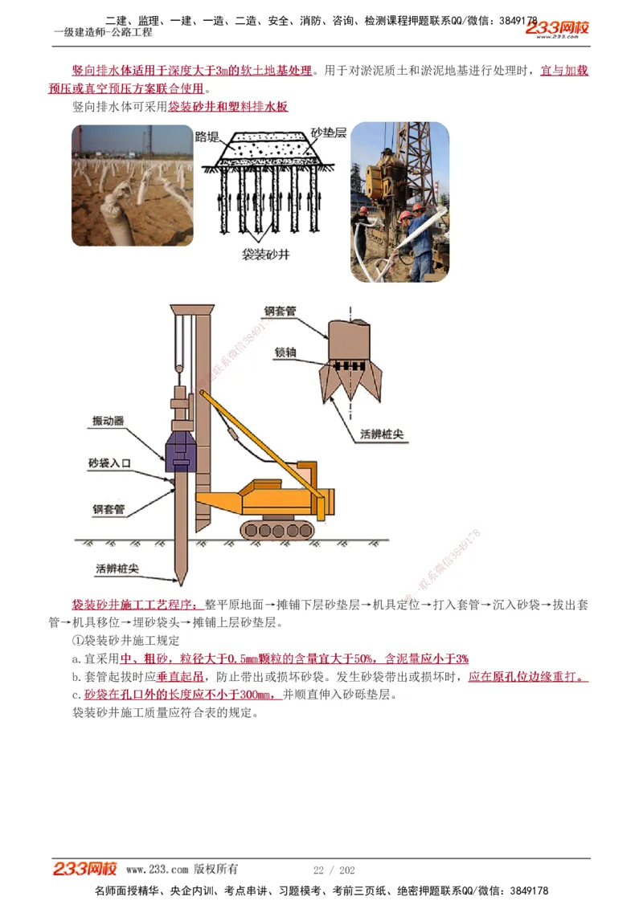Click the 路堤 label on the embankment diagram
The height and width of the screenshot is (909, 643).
pos(207,137)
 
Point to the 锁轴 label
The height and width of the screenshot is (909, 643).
pos(286,352)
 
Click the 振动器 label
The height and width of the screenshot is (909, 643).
pos(108,421)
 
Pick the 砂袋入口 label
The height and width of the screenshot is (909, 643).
pos(109,464)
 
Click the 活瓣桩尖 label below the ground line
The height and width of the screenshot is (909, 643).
pos(117,569)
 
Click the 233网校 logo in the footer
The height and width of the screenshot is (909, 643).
pos(85,869)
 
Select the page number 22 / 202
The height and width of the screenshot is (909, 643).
pos(334,870)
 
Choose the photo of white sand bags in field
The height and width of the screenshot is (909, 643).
pos(133,185)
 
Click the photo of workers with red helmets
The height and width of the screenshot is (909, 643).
pos(399,202)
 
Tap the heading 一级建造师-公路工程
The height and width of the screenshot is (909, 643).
pos(103,33)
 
